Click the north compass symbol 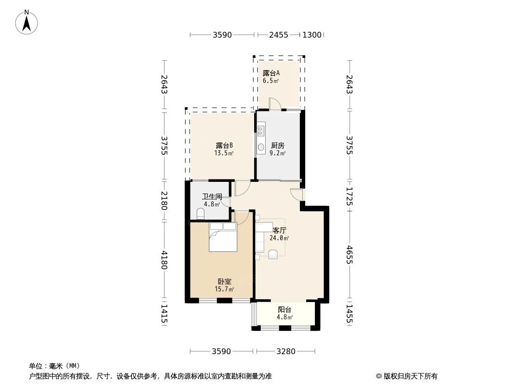pyautogui.click(x=27, y=22)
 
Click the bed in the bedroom pyautogui.click(x=223, y=237)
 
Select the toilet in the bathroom pyautogui.click(x=201, y=214)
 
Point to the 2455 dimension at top pyautogui.click(x=279, y=35)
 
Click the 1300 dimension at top pyautogui.click(x=311, y=35)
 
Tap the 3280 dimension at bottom pyautogui.click(x=285, y=351)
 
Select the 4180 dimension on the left pyautogui.click(x=164, y=261)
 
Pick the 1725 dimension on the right pyautogui.click(x=350, y=197)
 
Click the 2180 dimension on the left pyautogui.click(x=164, y=200)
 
